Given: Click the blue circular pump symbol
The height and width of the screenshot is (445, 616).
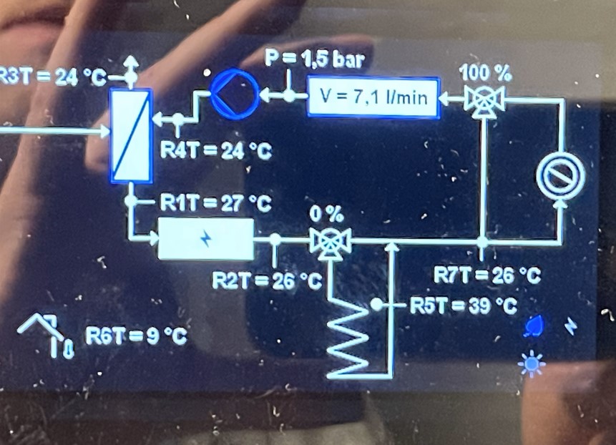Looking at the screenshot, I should click(234, 94).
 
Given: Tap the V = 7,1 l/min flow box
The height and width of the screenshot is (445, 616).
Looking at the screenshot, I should click(372, 97).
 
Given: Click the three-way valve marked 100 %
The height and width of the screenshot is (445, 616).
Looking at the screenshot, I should click(484, 98).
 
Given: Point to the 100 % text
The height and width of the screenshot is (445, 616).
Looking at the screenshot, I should click(486, 72).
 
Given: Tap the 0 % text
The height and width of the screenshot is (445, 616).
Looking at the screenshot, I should click(327, 215).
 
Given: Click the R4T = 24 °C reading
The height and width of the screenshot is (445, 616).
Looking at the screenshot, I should click(215, 152).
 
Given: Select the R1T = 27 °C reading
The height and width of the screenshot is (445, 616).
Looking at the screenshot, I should click(214, 203).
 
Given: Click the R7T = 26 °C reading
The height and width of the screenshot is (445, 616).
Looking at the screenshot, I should click(487, 275).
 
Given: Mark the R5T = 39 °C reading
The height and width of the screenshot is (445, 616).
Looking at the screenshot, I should click(462, 305).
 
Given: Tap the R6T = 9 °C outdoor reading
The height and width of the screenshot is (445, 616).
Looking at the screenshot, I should click(136, 336).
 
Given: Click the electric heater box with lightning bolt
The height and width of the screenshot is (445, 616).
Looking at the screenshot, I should click(206, 239).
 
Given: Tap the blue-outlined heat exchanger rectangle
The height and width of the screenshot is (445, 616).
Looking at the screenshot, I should click(131, 136).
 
